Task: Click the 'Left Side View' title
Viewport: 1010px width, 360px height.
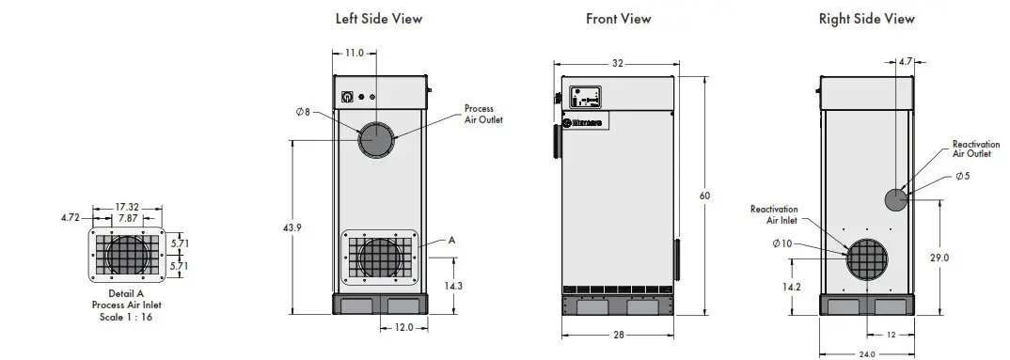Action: pyautogui.click(x=379, y=18)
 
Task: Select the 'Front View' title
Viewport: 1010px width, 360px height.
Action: pyautogui.click(x=618, y=18)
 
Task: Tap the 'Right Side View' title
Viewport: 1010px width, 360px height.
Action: pyautogui.click(x=866, y=18)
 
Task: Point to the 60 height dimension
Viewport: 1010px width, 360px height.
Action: pyautogui.click(x=705, y=196)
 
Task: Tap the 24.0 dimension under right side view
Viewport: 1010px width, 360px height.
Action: pyautogui.click(x=866, y=353)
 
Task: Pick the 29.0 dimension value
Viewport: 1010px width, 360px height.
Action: pyautogui.click(x=939, y=257)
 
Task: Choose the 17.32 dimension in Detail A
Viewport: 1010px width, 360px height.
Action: pyautogui.click(x=127, y=206)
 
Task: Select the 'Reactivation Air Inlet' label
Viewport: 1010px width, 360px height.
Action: pyautogui.click(x=773, y=214)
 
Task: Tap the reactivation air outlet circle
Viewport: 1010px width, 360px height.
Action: pyautogui.click(x=896, y=199)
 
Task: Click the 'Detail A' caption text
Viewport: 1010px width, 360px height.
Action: pyautogui.click(x=126, y=294)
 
